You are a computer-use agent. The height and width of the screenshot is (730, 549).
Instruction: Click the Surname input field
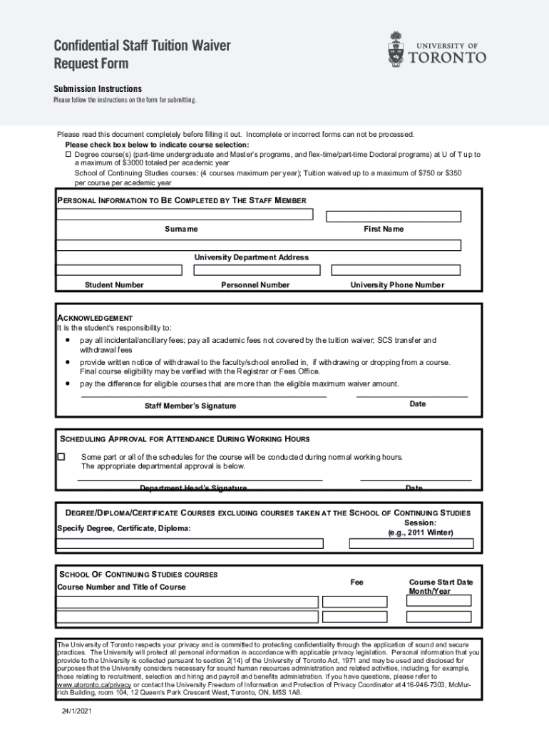tap(185, 214)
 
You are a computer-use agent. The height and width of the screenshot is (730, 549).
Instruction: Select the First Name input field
tap(394, 216)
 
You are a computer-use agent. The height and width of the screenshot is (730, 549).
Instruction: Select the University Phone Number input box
tap(396, 270)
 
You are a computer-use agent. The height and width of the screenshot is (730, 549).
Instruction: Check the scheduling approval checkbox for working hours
tap(61, 456)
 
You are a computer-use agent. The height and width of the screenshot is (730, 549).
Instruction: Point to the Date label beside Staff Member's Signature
tap(418, 404)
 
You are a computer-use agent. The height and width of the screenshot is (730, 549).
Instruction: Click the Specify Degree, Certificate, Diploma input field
tap(190, 543)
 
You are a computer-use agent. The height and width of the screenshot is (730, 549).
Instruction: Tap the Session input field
tap(410, 543)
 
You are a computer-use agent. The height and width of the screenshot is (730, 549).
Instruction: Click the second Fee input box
tap(354, 617)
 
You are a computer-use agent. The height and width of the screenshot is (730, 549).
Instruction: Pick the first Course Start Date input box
tap(438, 600)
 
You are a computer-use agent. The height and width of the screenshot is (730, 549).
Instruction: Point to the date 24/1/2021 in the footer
tap(76, 711)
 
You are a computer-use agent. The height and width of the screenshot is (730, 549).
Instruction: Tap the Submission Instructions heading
tap(98, 89)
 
